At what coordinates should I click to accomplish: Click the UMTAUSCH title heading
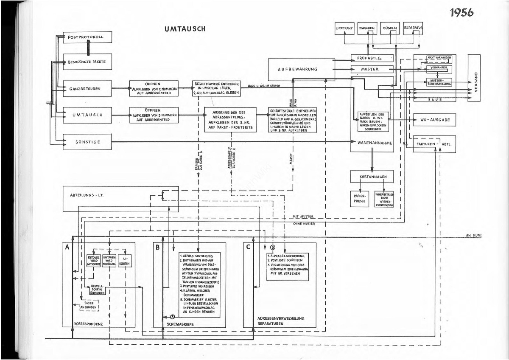pyautogui.click(x=185, y=29)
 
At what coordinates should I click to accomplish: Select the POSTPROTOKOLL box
pyautogui.click(x=87, y=37)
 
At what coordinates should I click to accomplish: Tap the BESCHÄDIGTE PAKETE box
pyautogui.click(x=87, y=62)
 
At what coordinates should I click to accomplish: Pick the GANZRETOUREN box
pyautogui.click(x=87, y=89)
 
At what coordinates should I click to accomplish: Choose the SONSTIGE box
pyautogui.click(x=87, y=142)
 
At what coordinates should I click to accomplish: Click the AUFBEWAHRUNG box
pyautogui.click(x=301, y=69)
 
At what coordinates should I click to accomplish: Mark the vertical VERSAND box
pyautogui.click(x=474, y=77)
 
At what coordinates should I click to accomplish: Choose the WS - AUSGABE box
pyautogui.click(x=438, y=120)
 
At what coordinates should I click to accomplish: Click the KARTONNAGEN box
pyautogui.click(x=372, y=176)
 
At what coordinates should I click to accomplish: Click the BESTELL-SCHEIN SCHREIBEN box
pyautogui.click(x=98, y=290)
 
